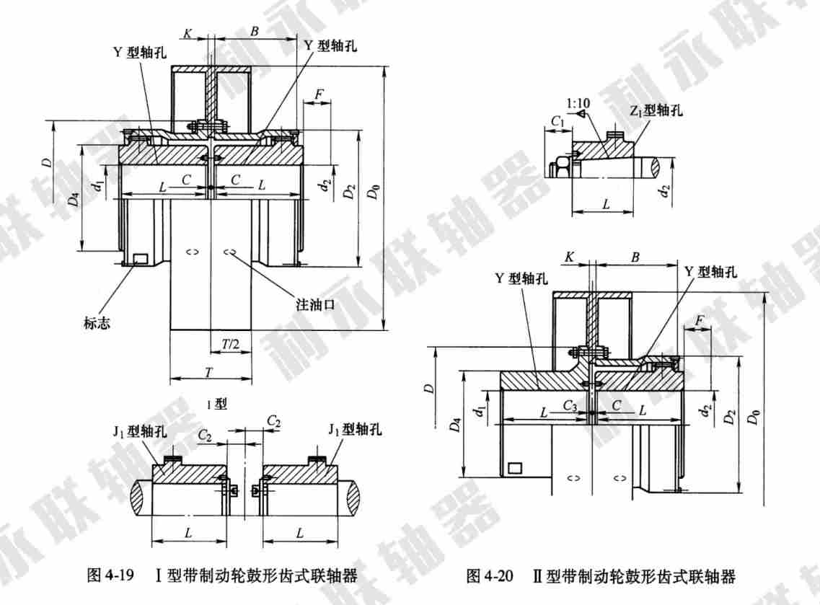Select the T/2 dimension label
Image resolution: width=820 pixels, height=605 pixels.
pos(231,345)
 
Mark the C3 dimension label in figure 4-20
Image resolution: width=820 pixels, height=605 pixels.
pos(570,408)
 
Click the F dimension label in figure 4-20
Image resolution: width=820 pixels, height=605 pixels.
pos(697,319)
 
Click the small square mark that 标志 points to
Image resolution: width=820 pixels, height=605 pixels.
pos(141,259)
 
